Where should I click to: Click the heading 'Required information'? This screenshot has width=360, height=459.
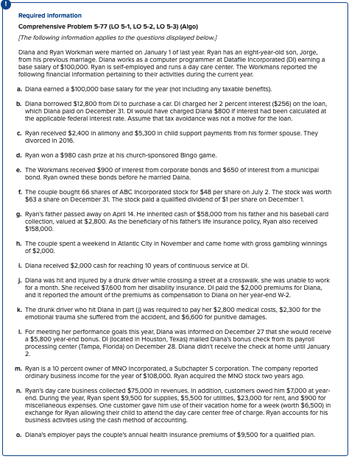click(x=50, y=15)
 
